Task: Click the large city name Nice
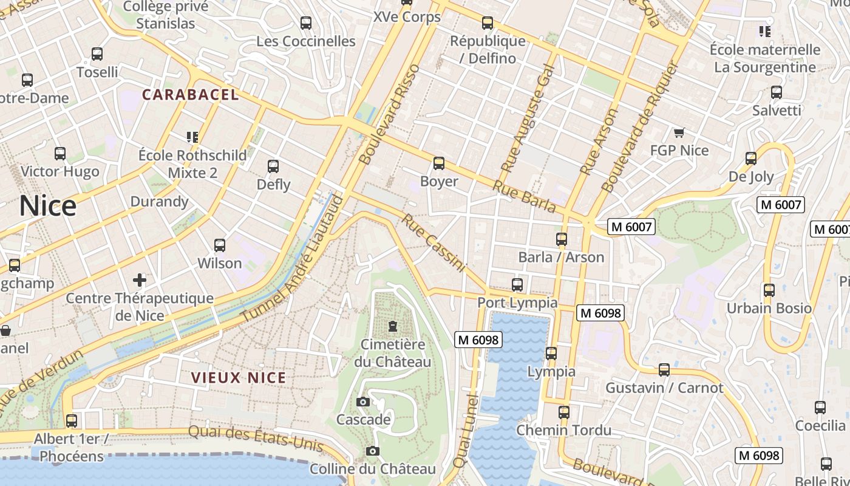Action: coord(47,206)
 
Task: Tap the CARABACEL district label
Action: coord(191,95)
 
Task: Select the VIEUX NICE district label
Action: coord(239,377)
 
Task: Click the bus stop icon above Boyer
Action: coord(439,163)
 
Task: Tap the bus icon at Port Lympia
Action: coord(517,284)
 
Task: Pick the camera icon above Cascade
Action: coord(363,402)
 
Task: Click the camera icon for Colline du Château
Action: coord(373,451)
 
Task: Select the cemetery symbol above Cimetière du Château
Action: coord(393,326)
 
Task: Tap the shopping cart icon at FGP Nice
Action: coord(679,132)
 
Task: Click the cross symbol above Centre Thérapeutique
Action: coord(140,280)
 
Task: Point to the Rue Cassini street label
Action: coord(433,243)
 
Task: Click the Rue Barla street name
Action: coord(524,196)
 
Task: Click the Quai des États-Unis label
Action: coord(256,438)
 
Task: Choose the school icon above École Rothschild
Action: coord(192,137)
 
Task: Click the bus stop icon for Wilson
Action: coord(220,245)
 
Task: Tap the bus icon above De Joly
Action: coord(751,159)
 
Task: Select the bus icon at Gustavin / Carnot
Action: coord(664,369)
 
